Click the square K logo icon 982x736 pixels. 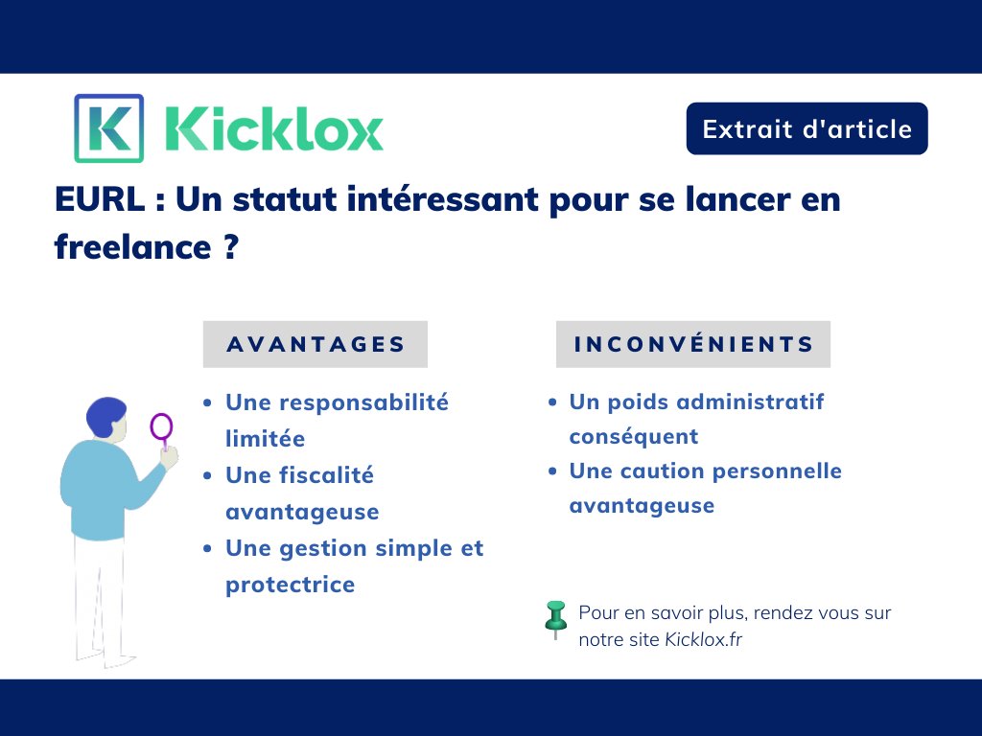(108, 128)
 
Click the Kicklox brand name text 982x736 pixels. (274, 128)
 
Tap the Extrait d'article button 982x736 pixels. (807, 128)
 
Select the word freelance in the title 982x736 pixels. (131, 247)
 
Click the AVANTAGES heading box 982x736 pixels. (316, 344)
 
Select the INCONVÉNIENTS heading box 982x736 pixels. (693, 344)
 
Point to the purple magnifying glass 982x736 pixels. (162, 427)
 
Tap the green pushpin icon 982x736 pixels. (555, 617)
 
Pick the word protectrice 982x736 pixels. (290, 585)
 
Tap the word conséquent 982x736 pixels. (633, 437)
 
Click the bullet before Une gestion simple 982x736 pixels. (208, 549)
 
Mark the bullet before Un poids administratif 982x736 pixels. (551, 402)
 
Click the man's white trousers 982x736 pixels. (100, 594)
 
